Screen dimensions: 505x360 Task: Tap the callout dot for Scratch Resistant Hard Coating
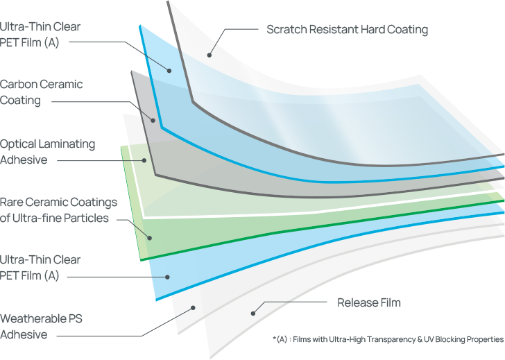[x=209, y=55]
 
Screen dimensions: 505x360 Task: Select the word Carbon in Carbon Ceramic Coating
[x=19, y=85]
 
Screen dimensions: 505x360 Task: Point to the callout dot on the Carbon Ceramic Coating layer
[x=153, y=121]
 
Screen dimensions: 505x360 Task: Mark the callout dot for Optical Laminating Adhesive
[x=144, y=160]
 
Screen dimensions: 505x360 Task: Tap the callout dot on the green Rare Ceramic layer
[x=149, y=239]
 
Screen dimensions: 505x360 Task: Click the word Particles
[x=86, y=218]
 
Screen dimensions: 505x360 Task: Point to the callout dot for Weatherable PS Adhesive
[x=193, y=308]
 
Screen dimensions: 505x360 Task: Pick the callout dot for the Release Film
[x=253, y=314]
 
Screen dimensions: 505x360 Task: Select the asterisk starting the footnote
[x=274, y=338]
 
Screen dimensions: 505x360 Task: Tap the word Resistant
[x=334, y=29]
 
